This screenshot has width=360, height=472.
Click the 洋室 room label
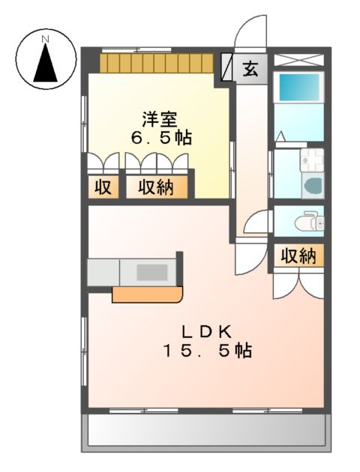[159, 118]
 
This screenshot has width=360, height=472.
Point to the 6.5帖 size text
[160, 138]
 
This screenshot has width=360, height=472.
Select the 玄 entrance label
[250, 70]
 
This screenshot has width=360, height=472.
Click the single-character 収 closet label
[102, 187]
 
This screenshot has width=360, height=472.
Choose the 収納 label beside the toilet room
[298, 256]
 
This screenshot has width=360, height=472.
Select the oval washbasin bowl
[313, 185]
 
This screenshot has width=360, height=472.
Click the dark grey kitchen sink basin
[152, 271]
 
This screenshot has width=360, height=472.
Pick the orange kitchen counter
[146, 294]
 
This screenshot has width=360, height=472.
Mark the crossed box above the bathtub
[298, 60]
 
